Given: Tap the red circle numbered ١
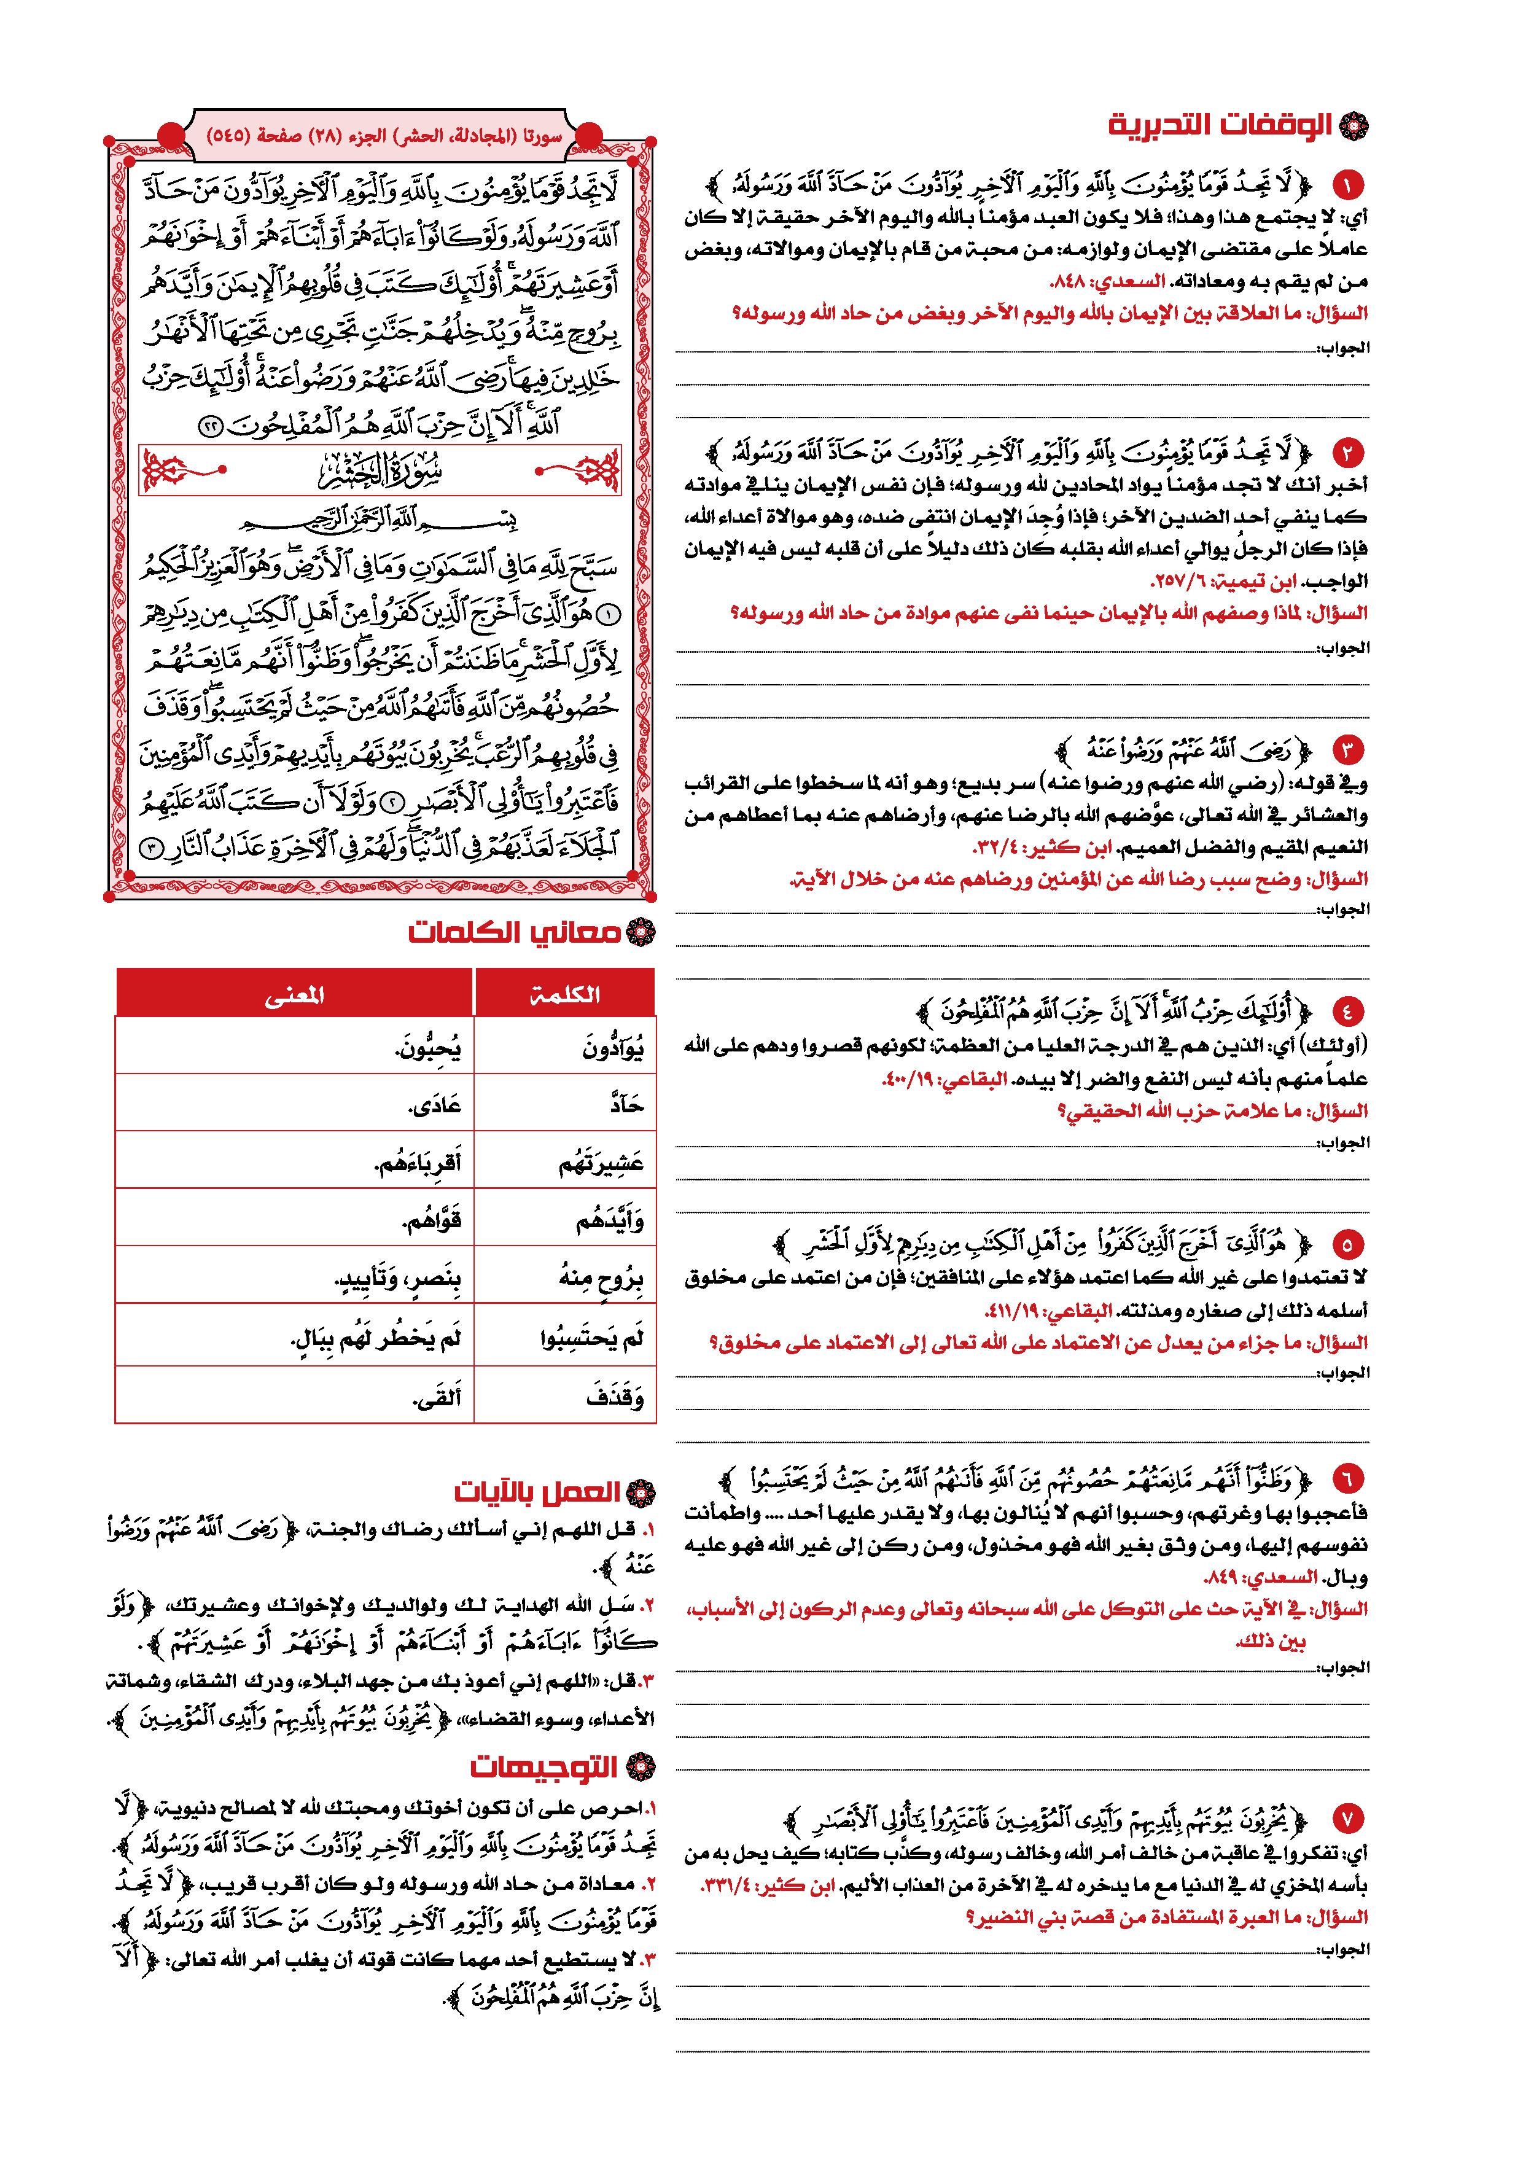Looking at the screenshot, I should point(1346,183).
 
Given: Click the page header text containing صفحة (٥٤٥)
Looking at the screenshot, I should point(384,136).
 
